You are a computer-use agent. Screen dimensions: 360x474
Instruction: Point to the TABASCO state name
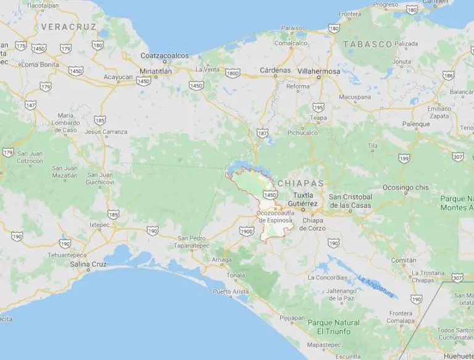(367, 44)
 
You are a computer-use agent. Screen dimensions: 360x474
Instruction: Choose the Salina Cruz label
(89, 264)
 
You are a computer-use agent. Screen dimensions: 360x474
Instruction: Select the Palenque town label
(416, 124)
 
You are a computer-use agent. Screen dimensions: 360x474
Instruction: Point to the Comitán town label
(404, 261)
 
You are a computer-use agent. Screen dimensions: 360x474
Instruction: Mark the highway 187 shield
(262, 132)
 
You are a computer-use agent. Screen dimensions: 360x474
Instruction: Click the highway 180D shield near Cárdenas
(233, 73)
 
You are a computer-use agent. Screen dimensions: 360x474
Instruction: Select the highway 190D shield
(246, 230)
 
